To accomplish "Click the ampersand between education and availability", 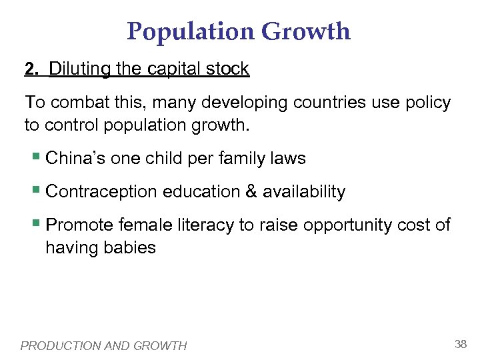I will pyautogui.click(x=251, y=192).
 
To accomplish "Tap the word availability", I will pyautogui.click(x=304, y=192).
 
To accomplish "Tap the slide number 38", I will pyautogui.click(x=460, y=344).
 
